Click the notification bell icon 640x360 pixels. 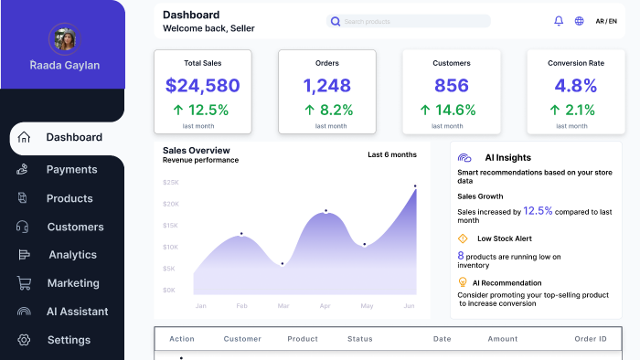coord(559,21)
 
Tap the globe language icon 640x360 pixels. coord(579,21)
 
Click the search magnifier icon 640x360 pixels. coord(336,21)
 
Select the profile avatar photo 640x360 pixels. coord(65,39)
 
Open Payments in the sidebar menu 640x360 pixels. coord(72,170)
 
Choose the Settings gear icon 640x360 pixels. coord(24,340)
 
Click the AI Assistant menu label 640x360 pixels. coord(77,312)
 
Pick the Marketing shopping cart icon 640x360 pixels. coord(24,283)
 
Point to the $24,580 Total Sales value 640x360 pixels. coord(202,86)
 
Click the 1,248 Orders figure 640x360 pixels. coord(327,86)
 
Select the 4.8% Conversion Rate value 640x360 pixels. coord(575,86)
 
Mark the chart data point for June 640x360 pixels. coord(415,185)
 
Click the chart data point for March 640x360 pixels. coord(282,264)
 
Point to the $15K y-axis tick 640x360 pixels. coord(170,226)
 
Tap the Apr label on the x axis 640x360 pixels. coord(325,306)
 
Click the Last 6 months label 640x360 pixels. coord(392,154)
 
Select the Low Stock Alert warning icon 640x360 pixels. coord(463,238)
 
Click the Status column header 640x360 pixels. coord(360,339)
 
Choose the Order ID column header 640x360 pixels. coord(591,339)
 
